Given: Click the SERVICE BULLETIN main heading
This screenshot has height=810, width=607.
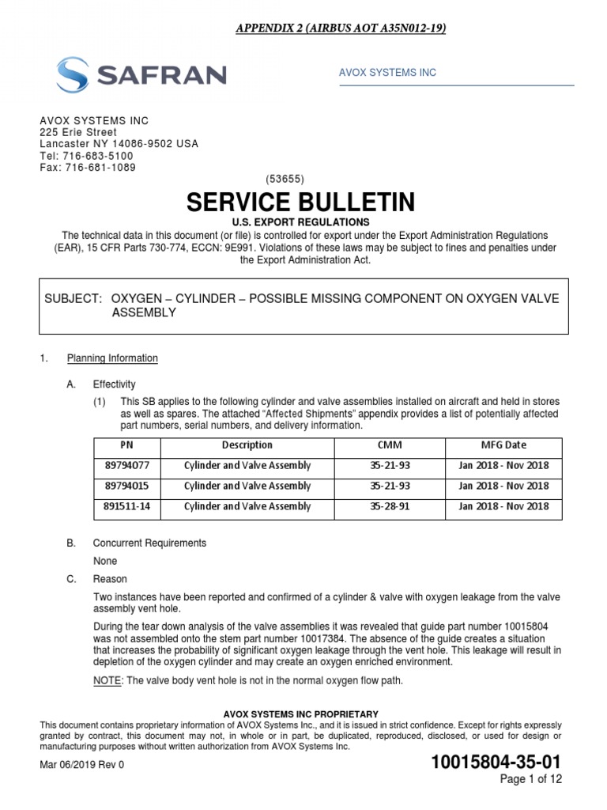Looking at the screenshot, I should (301, 202).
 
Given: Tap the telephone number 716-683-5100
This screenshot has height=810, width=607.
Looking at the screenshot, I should (99, 156).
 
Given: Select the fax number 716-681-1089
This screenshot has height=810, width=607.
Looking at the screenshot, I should (101, 168).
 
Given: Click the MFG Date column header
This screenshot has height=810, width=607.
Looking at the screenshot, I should (503, 445).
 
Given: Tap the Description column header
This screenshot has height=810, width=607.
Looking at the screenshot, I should (247, 445).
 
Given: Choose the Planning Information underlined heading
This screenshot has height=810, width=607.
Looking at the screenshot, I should (112, 358).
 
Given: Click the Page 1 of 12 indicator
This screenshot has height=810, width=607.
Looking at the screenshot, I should (533, 780).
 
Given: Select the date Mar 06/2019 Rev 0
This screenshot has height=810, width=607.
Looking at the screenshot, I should (82, 765).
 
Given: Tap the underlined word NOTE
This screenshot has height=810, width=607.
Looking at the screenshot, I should (106, 680).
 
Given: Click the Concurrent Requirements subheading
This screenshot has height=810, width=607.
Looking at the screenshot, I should (149, 543).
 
